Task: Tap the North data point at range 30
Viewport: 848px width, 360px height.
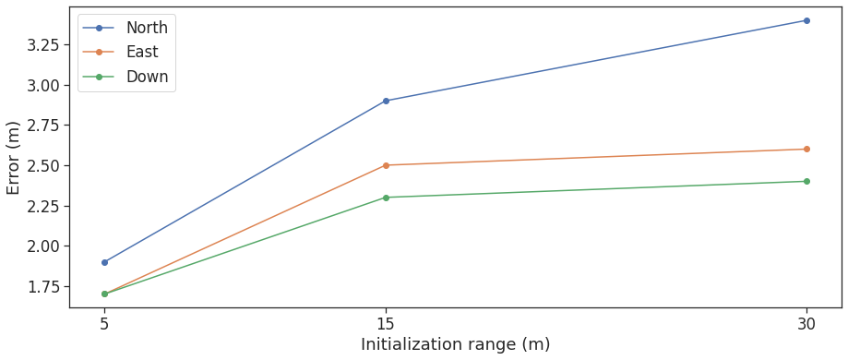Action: (x=806, y=20)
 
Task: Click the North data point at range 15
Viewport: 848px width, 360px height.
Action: (x=386, y=101)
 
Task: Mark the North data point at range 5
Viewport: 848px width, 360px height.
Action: (x=104, y=262)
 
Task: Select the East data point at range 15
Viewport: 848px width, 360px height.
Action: (x=386, y=165)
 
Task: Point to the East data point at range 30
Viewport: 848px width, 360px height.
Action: (x=806, y=149)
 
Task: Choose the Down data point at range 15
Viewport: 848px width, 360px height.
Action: (x=386, y=197)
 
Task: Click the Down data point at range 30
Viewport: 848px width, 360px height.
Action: (x=806, y=181)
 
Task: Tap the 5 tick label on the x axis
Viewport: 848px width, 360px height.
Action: (x=104, y=324)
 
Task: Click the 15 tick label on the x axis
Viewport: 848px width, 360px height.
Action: (x=386, y=324)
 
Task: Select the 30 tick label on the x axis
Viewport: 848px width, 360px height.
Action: (x=806, y=324)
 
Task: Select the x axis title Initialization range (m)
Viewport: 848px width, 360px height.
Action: (x=455, y=345)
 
